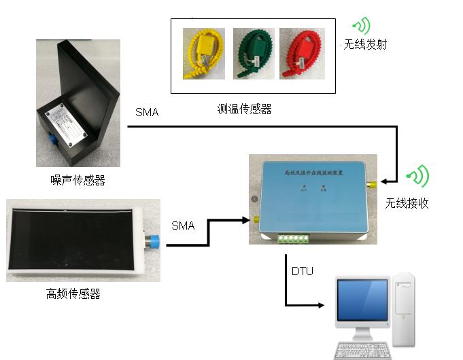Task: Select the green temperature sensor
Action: coord(253,54)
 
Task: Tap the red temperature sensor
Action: coord(300,54)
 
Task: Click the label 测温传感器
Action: coord(244,109)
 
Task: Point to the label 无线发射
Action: coord(365,46)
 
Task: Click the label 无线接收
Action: coord(407,203)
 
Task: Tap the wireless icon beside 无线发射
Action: coord(361,26)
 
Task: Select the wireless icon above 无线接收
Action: coord(418,177)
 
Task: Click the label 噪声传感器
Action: coord(78,180)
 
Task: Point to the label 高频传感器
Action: coord(73,294)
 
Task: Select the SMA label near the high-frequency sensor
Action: coord(183,226)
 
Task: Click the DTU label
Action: coord(303,271)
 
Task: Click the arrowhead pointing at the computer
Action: coord(320,306)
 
